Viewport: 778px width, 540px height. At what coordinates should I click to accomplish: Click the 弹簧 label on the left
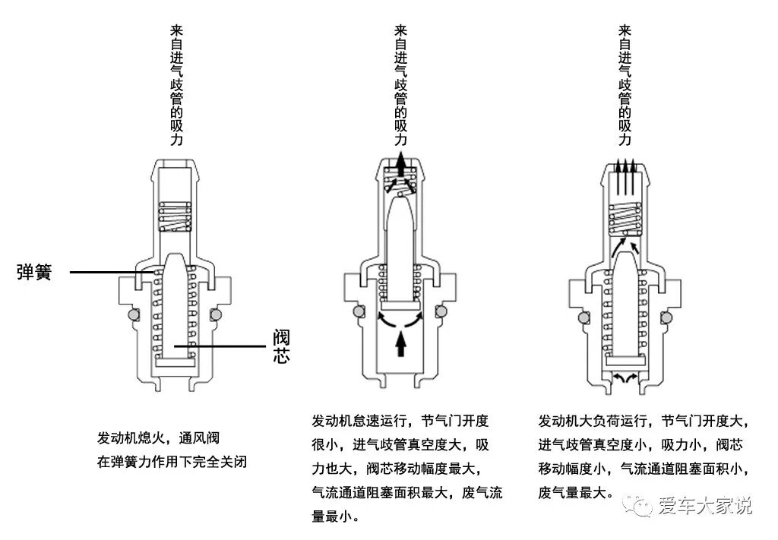[34, 272]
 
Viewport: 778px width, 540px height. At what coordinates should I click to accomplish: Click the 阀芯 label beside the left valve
[282, 346]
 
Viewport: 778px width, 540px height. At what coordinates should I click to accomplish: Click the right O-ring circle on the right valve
[669, 317]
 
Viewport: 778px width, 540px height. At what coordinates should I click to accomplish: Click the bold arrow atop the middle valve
[401, 163]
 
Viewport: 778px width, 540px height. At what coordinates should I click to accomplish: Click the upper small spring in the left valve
[175, 216]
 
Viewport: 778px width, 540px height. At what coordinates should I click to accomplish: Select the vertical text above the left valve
[176, 85]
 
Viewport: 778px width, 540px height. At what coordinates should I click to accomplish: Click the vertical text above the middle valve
[400, 85]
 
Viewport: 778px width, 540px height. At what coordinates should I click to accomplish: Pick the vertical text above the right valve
[625, 85]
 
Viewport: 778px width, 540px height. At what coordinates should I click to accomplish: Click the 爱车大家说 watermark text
[704, 505]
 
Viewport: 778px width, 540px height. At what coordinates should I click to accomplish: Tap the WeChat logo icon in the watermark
[638, 504]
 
